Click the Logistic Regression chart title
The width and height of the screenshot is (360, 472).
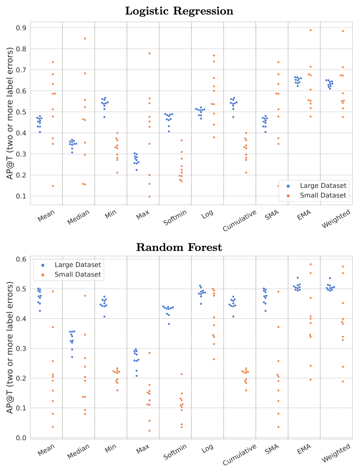179,11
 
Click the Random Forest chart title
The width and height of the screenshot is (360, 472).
179,248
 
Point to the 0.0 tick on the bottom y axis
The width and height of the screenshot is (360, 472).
21,437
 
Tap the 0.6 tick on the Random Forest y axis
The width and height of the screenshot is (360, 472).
21,259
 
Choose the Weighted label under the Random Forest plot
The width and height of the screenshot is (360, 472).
336,453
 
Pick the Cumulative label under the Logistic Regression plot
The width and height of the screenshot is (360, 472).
239,220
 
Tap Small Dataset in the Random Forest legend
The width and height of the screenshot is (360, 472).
78,274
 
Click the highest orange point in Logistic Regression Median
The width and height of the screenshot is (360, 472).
85,38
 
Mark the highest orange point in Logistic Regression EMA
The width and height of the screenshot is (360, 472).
310,30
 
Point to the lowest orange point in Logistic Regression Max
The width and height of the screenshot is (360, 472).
149,196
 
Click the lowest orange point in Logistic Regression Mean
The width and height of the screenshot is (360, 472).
53,186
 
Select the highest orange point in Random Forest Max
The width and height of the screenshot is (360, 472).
149,353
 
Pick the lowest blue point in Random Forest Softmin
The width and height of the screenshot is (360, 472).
169,324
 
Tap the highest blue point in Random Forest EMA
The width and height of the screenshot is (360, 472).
298,278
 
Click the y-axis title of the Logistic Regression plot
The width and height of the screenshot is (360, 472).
10,113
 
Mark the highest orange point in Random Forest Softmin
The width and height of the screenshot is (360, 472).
181,374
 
